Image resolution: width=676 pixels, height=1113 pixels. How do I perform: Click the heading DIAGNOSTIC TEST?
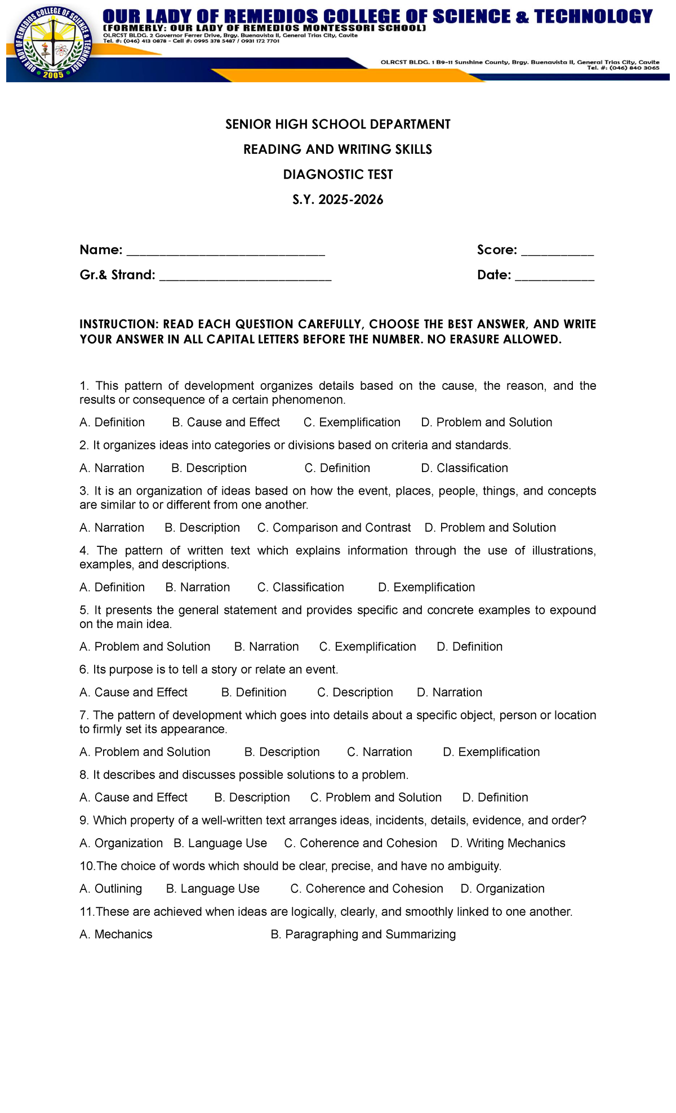pyautogui.click(x=337, y=175)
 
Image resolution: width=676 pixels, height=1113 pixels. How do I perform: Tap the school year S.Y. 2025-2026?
pyautogui.click(x=337, y=199)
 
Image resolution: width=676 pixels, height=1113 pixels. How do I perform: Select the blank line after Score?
pyautogui.click(x=557, y=251)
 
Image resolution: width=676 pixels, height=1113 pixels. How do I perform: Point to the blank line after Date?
pyautogui.click(x=554, y=277)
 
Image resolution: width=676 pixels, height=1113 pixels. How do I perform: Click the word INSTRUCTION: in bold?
pyautogui.click(x=118, y=324)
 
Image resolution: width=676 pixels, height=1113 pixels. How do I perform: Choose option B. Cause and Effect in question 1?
pyautogui.click(x=225, y=422)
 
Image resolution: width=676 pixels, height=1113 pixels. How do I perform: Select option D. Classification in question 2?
pyautogui.click(x=464, y=468)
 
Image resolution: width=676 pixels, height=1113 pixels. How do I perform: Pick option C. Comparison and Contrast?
pyautogui.click(x=334, y=528)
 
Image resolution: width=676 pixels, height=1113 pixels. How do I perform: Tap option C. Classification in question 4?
pyautogui.click(x=300, y=587)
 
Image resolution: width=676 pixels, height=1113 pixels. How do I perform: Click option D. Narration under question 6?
pyautogui.click(x=449, y=692)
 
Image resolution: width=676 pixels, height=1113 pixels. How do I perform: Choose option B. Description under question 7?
pyautogui.click(x=282, y=752)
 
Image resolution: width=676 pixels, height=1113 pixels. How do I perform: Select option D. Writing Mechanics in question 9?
pyautogui.click(x=508, y=843)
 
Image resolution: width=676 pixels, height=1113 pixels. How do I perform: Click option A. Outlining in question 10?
pyautogui.click(x=111, y=889)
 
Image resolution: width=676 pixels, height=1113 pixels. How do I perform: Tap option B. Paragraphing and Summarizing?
pyautogui.click(x=363, y=934)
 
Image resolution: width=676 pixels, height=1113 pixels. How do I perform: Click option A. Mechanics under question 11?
pyautogui.click(x=116, y=934)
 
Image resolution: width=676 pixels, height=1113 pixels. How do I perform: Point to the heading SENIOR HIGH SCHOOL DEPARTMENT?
pyautogui.click(x=337, y=124)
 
